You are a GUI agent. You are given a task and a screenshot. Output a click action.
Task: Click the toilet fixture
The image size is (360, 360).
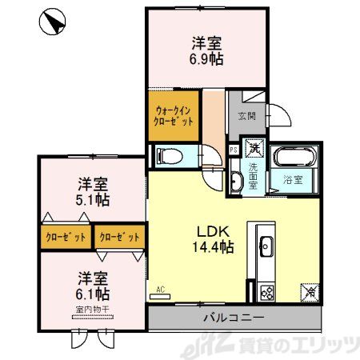(169, 154)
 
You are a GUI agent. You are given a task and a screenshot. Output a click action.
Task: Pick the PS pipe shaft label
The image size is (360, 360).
(234, 149)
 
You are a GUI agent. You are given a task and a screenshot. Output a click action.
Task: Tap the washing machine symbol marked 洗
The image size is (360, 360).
(254, 147)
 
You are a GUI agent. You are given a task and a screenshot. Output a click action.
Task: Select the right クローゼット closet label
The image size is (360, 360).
(118, 238)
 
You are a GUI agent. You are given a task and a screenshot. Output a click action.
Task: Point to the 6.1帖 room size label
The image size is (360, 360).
(94, 286)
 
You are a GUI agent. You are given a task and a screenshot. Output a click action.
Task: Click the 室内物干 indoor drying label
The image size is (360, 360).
(94, 309)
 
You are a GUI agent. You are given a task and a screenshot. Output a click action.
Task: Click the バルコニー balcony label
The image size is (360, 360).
(232, 318)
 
